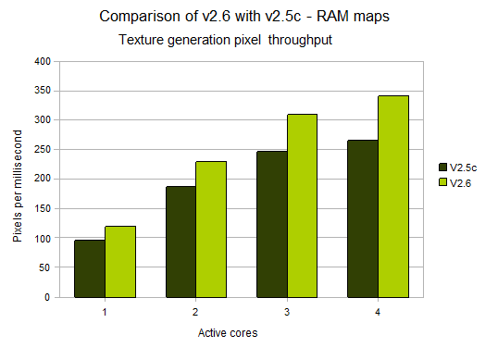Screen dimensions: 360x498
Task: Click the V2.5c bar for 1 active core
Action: pos(89,268)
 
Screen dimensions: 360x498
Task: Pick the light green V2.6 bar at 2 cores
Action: pos(211,230)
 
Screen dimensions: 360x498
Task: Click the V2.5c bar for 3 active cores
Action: pos(271,224)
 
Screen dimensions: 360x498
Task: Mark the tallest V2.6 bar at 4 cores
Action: pos(392,196)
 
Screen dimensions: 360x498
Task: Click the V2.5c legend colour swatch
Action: pos(442,168)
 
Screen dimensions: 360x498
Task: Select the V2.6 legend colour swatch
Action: pos(442,183)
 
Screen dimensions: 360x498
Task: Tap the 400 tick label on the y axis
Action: pos(43,62)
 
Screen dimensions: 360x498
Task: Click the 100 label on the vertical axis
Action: pos(43,239)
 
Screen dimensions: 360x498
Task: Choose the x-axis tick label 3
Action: pos(287,312)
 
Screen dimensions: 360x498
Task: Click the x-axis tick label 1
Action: pos(105,312)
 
